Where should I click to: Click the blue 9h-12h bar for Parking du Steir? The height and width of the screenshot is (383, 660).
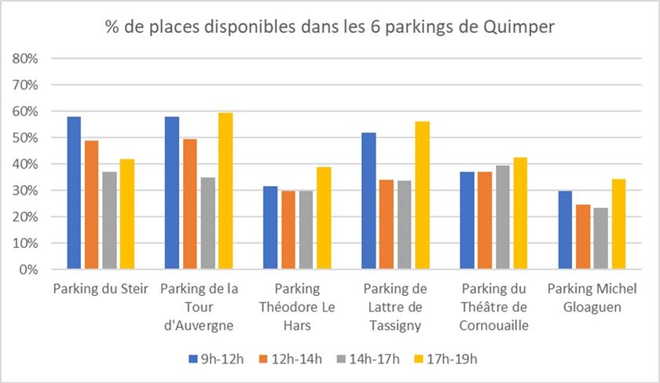point(74,193)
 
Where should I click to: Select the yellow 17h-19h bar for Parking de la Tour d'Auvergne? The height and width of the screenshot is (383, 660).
point(226,191)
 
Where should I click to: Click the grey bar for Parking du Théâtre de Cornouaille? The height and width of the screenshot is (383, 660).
point(500,217)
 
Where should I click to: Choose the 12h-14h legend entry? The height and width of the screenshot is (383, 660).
point(291,359)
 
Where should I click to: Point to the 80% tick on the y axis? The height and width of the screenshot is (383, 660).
point(26,59)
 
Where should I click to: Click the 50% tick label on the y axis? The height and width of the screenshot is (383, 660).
point(26,138)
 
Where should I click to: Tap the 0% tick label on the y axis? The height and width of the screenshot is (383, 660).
point(29,270)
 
